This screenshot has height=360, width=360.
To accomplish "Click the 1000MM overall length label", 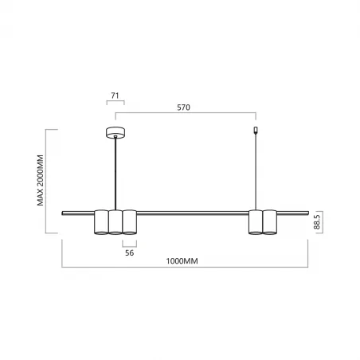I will [x=183, y=260].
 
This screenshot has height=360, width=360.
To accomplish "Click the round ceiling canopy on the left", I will [x=116, y=133].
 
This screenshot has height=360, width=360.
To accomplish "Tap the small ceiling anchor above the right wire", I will [x=255, y=131].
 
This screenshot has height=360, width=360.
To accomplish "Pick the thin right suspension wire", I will [x=255, y=171].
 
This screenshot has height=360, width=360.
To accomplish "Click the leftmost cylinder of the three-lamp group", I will [x=101, y=222].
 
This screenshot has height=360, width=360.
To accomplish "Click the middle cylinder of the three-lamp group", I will [x=115, y=222].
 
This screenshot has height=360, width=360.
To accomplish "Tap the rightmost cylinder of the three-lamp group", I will [x=130, y=222].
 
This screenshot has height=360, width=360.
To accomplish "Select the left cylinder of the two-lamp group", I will [x=255, y=222].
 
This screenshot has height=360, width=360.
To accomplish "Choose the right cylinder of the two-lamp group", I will [x=269, y=222].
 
